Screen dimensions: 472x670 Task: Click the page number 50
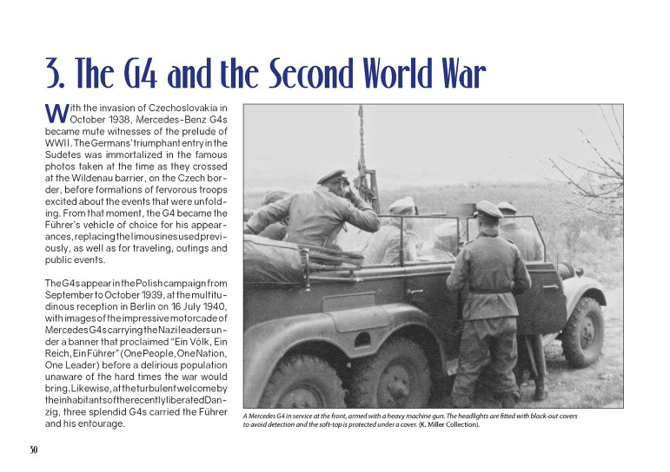pyautogui.click(x=33, y=449)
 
